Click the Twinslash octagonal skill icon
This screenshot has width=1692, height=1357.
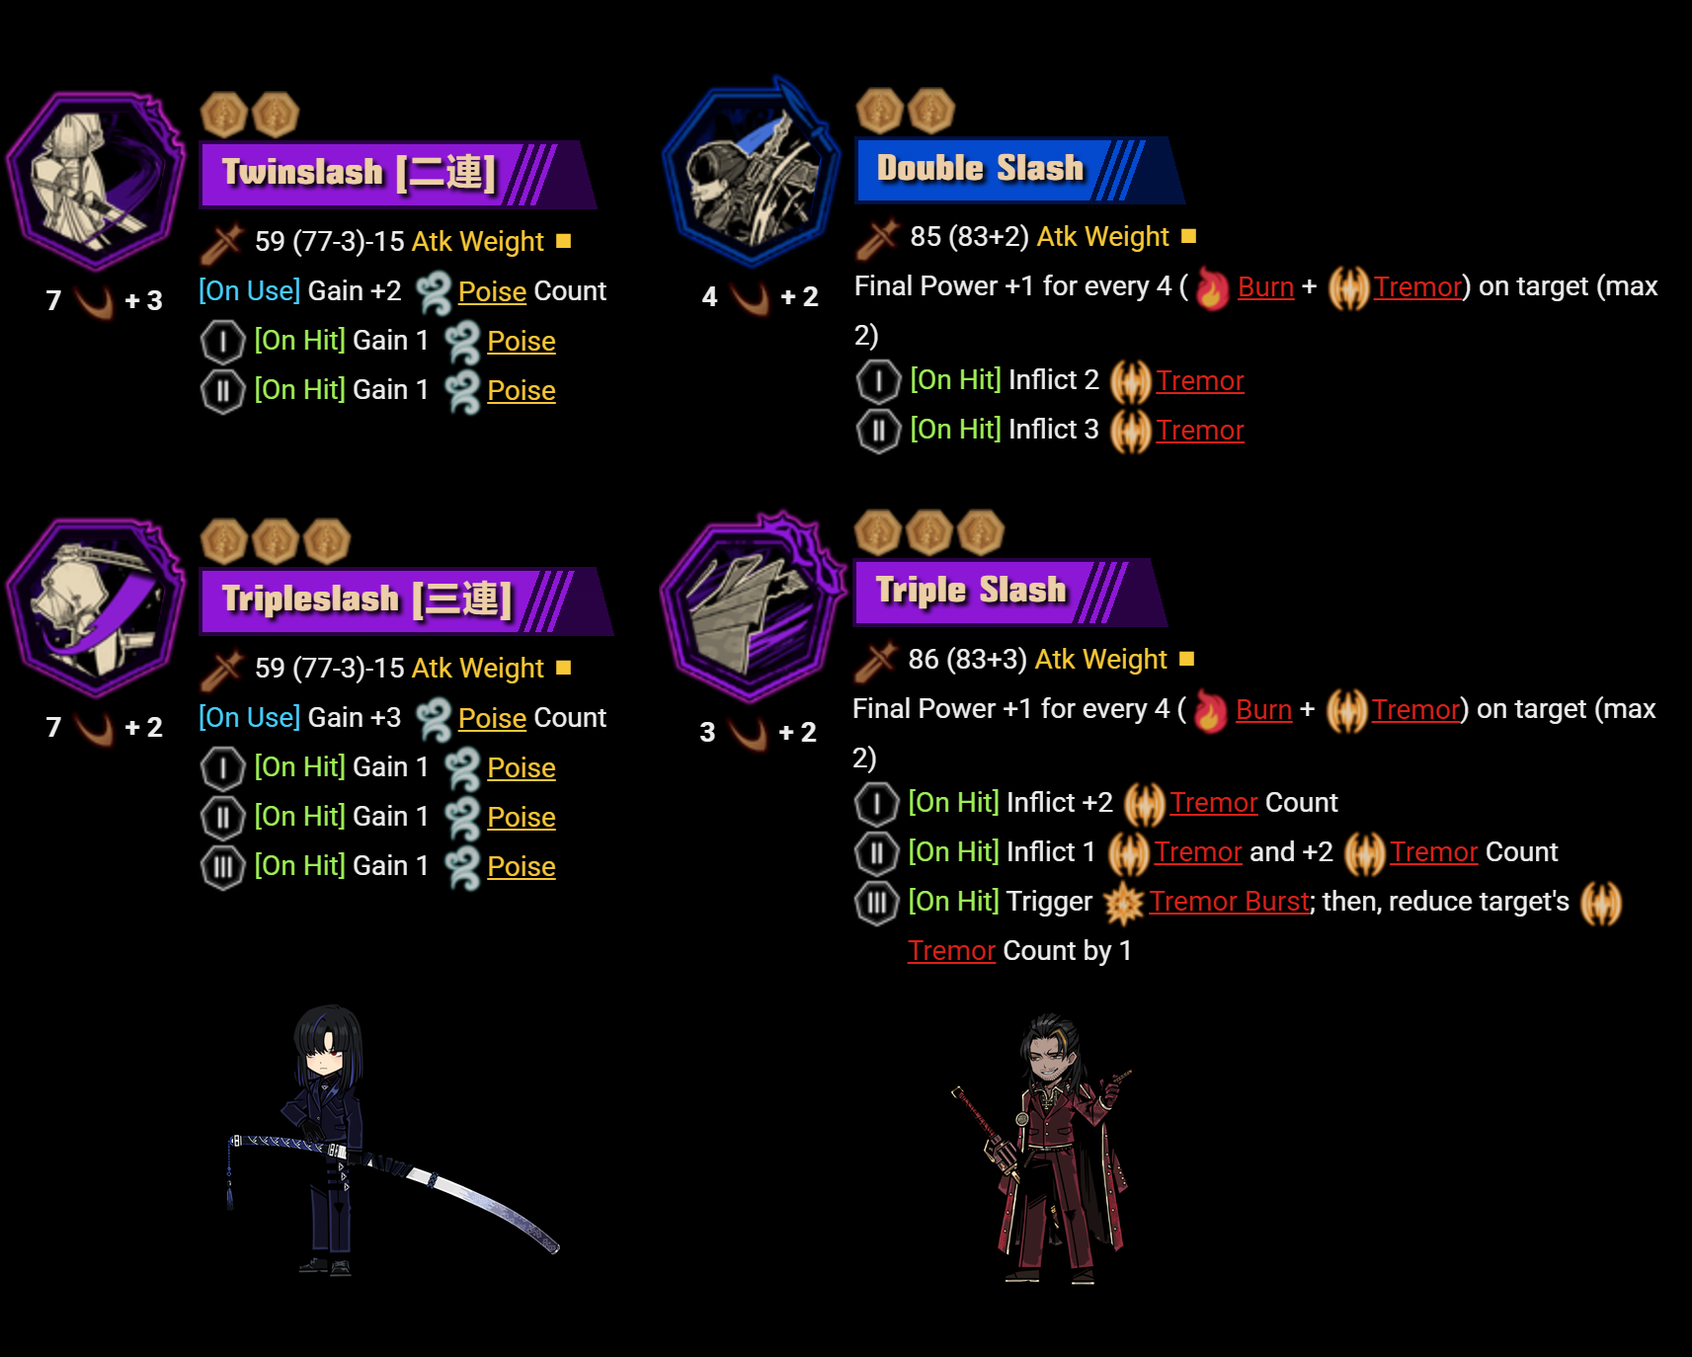click(x=95, y=181)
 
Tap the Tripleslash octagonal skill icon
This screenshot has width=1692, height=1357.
click(x=95, y=607)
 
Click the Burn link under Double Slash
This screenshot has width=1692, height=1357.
click(x=1265, y=287)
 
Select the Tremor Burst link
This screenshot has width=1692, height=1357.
click(x=1230, y=902)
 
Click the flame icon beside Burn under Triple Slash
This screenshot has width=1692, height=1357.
click(x=1210, y=710)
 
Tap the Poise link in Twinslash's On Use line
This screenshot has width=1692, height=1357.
click(x=492, y=292)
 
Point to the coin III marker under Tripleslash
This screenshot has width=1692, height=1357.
click(x=222, y=867)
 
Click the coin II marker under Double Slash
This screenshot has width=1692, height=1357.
click(x=878, y=431)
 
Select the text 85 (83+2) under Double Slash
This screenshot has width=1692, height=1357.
click(x=969, y=237)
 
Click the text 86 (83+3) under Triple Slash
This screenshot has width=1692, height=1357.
click(x=967, y=660)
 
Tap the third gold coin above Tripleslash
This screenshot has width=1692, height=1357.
click(x=327, y=541)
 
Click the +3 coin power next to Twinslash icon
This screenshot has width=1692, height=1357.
click(x=144, y=300)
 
